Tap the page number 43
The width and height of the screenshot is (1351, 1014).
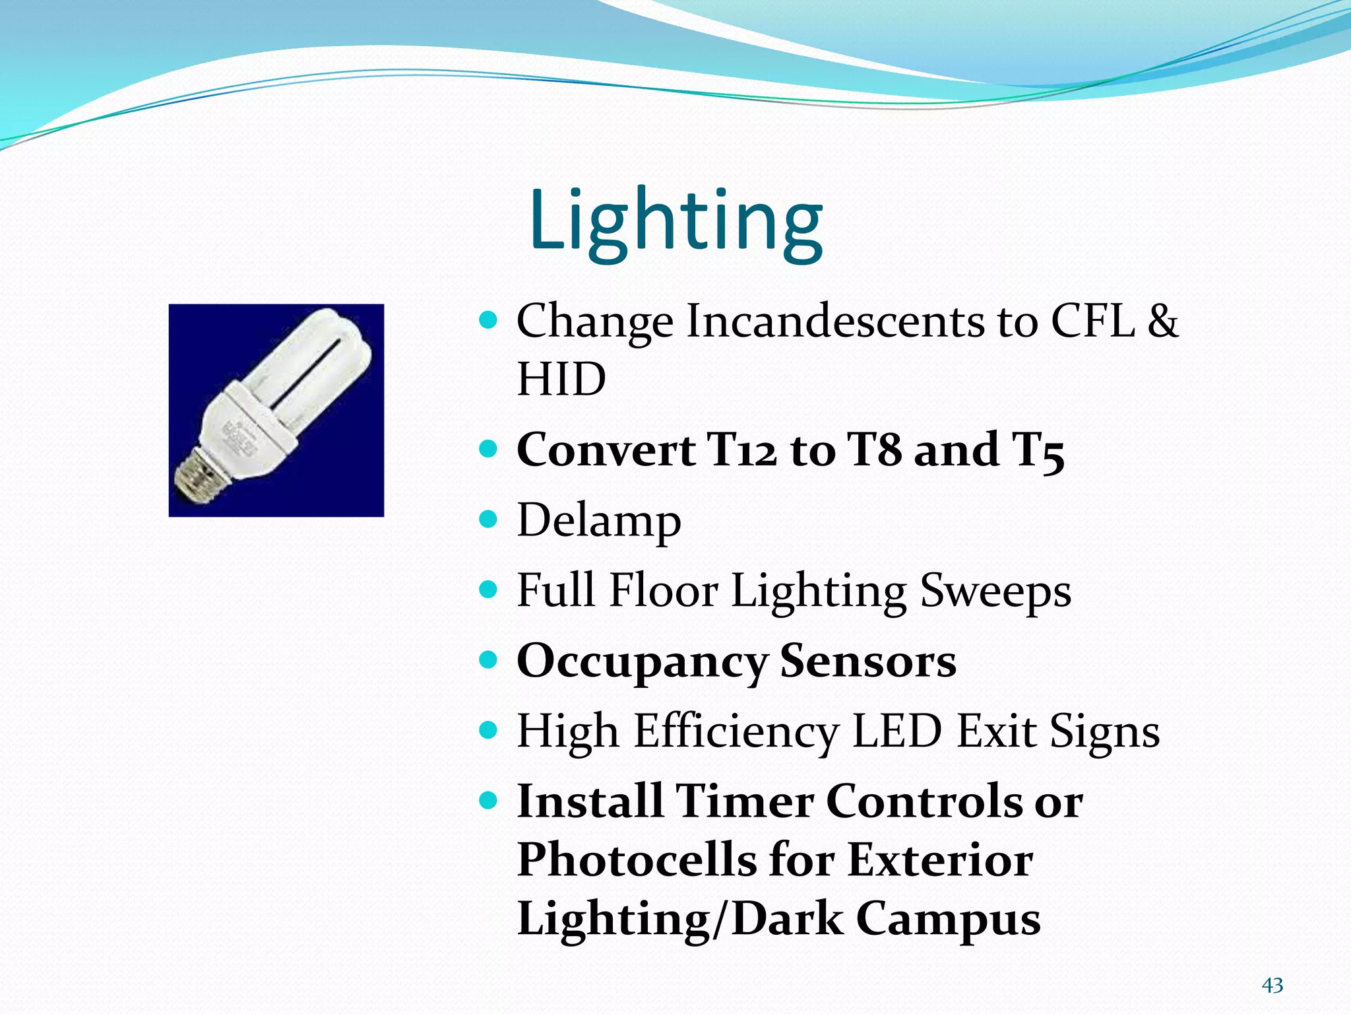click(1272, 986)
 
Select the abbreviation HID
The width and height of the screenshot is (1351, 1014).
click(561, 380)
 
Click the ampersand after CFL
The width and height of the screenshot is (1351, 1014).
click(1162, 321)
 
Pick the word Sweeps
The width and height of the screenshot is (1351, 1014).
click(995, 591)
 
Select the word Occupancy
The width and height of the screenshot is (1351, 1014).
click(641, 662)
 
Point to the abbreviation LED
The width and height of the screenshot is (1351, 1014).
click(896, 731)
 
